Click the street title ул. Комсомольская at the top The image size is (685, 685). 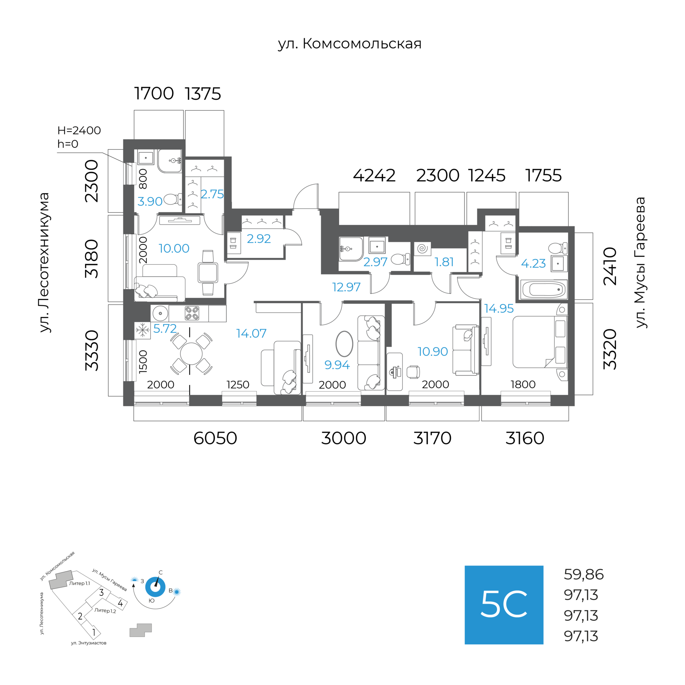pyautogui.click(x=350, y=44)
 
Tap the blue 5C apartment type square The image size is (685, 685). pyautogui.click(x=504, y=605)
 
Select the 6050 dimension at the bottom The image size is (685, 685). pyautogui.click(x=215, y=438)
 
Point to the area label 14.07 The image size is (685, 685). pyautogui.click(x=251, y=333)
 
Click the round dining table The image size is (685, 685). pyautogui.click(x=191, y=354)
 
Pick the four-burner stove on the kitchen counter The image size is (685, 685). pyautogui.click(x=192, y=313)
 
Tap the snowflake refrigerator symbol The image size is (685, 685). pyautogui.click(x=142, y=330)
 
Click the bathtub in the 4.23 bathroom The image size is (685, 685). pyautogui.click(x=544, y=289)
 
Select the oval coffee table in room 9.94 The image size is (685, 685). pyautogui.click(x=344, y=344)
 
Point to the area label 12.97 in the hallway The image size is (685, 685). pyautogui.click(x=346, y=287)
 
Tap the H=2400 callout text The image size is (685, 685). pyautogui.click(x=79, y=130)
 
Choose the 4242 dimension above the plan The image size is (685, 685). pyautogui.click(x=374, y=176)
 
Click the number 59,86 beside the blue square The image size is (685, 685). pyautogui.click(x=584, y=574)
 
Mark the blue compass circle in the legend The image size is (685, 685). pyautogui.click(x=155, y=587)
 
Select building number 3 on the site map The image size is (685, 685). pyautogui.click(x=101, y=593)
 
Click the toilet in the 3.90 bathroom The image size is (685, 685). pyautogui.click(x=173, y=199)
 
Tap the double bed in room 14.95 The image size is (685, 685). pyautogui.click(x=540, y=342)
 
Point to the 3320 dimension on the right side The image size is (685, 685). pyautogui.click(x=610, y=349)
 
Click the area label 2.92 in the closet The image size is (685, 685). pyautogui.click(x=259, y=238)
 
